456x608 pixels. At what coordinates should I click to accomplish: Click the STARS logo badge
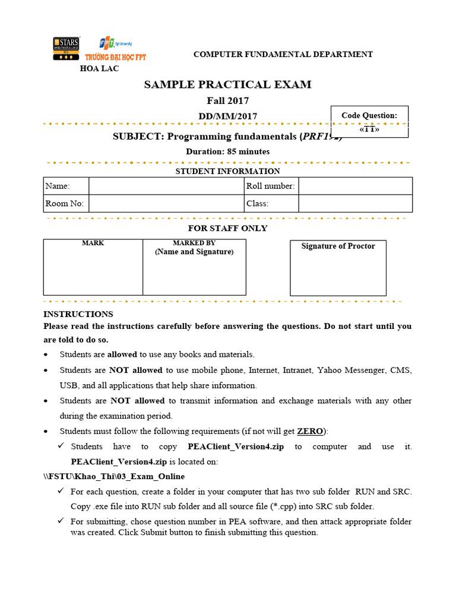coord(66,49)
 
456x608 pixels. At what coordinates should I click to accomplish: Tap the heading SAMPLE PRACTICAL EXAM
coord(227,84)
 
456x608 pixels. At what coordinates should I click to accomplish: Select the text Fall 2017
coord(227,101)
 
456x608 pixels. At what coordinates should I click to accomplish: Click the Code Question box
coord(369,122)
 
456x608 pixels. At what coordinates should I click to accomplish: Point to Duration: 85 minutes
coord(227,151)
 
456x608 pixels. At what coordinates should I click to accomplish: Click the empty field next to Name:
coord(166,186)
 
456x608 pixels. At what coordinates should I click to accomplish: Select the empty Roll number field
coord(355,186)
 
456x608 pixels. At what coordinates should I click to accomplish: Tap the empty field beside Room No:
coord(166,203)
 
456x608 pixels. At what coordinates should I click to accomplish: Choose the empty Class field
coord(355,203)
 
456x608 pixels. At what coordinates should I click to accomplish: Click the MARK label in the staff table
coord(93,243)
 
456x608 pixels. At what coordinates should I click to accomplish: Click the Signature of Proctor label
coord(338,246)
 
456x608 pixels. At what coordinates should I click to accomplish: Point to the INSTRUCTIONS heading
coord(78,314)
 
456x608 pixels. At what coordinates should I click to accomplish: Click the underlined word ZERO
coord(310,430)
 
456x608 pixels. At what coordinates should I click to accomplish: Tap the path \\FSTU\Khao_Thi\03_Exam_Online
coord(114,476)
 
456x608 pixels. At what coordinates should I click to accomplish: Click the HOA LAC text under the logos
coord(99,68)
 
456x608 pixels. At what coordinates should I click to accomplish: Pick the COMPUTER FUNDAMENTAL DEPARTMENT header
coord(283,54)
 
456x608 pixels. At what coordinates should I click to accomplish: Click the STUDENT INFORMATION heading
coord(227,171)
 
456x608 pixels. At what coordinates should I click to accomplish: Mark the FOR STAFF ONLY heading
coord(227,228)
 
